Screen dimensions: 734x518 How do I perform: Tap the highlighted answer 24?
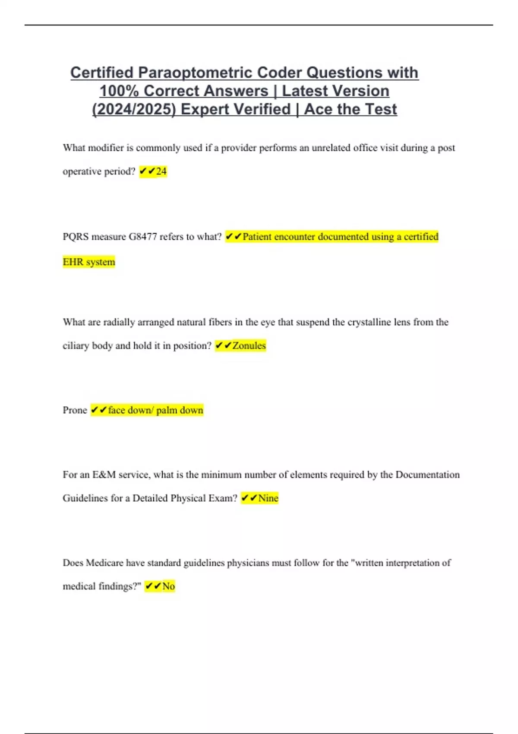click(x=161, y=171)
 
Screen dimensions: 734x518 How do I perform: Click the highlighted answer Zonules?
click(x=249, y=345)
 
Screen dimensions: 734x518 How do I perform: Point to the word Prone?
click(x=75, y=410)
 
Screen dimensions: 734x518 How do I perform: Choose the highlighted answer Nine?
click(x=268, y=498)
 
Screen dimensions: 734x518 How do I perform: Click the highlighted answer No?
click(x=168, y=586)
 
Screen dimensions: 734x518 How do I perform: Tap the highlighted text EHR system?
click(x=89, y=262)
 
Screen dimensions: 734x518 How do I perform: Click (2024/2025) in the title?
click(x=134, y=109)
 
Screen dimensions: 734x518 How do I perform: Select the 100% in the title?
click(x=119, y=91)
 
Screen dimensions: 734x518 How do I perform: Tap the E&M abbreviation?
click(x=104, y=475)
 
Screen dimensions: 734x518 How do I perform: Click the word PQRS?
click(x=76, y=237)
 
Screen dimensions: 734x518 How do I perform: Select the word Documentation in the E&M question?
click(x=427, y=475)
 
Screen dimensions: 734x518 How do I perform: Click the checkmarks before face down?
click(x=98, y=410)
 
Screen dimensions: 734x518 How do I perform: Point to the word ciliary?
click(x=76, y=345)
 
